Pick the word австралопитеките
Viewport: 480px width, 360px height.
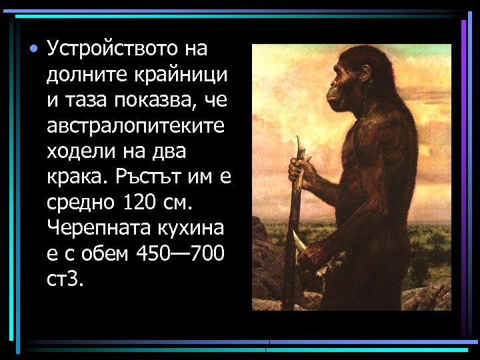point(135,125)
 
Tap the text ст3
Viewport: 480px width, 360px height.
point(65,279)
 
